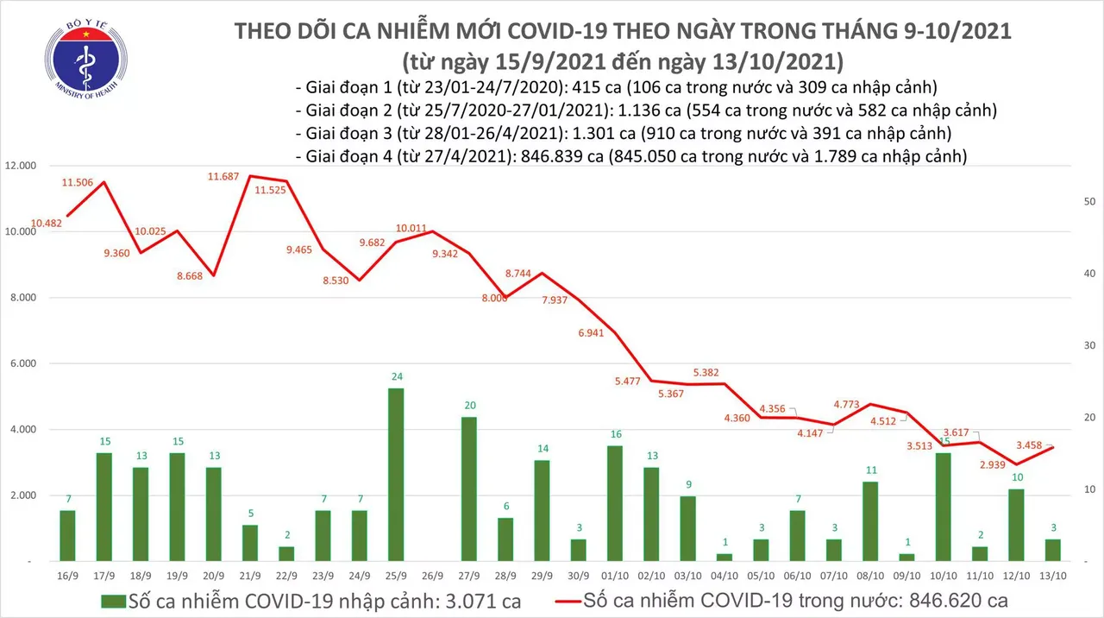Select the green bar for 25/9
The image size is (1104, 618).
pos(396,475)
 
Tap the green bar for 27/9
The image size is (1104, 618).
pos(469,489)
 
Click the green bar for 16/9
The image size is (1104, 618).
pos(66,535)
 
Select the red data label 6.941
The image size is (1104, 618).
pos(598,331)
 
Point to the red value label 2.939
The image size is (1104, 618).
pos(989,464)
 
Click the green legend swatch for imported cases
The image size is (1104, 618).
pos(112,600)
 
